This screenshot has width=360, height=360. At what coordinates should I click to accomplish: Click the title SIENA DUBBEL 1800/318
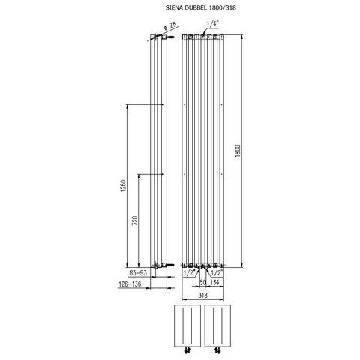point(201,7)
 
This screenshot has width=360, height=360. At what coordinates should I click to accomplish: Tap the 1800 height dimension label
point(238,151)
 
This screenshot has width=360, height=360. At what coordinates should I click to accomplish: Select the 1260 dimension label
point(124,186)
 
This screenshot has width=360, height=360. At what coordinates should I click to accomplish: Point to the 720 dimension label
point(135,220)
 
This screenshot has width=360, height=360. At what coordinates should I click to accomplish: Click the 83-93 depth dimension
point(138,273)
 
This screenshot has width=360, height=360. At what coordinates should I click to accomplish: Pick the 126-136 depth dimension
point(130,284)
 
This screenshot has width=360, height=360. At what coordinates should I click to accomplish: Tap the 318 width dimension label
point(202,295)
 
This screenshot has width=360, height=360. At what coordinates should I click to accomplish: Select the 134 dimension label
point(214,282)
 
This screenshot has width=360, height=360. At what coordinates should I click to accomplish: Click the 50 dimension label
point(202,282)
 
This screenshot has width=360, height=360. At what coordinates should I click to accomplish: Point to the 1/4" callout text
point(213,24)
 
